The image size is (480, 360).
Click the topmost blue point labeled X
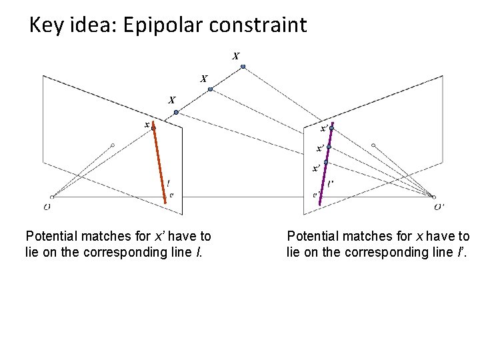[x=243, y=67]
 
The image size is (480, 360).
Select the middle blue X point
[x=210, y=89]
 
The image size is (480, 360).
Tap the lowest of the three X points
[x=176, y=113]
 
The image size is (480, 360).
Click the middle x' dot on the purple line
[x=329, y=147]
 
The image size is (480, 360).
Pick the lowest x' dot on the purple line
[x=326, y=162]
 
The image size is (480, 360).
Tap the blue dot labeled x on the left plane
[x=153, y=127]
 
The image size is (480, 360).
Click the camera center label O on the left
[x=47, y=207]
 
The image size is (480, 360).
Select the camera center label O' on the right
[x=439, y=207]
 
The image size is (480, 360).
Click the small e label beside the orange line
[x=171, y=195]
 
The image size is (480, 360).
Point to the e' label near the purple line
[x=316, y=195]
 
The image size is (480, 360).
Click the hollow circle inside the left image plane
[x=113, y=145]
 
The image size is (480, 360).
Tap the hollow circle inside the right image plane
[x=373, y=145]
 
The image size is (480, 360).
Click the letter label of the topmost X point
[x=236, y=56]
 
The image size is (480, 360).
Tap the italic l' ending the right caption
[x=463, y=252]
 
